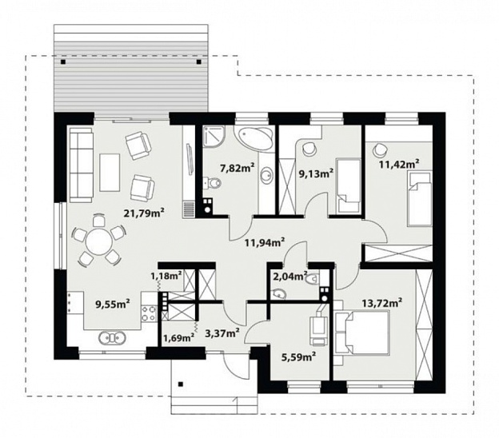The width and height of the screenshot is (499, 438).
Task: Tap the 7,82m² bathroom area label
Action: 238,168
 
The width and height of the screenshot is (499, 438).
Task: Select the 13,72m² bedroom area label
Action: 381,303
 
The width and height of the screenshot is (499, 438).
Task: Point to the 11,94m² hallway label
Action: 265,243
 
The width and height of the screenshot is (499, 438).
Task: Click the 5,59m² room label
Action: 298,357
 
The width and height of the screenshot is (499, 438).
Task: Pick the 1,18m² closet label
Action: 166,276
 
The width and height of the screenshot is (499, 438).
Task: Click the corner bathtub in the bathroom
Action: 253,137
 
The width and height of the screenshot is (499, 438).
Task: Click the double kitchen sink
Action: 112,338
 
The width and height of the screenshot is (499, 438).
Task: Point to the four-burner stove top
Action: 149,313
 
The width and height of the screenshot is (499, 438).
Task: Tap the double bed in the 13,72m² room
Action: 361,332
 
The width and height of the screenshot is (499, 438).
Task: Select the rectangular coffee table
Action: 110,173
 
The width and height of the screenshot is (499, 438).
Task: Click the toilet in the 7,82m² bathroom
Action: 213,182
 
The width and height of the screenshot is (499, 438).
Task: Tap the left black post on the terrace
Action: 64,62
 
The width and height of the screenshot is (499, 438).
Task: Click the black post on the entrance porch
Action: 181,384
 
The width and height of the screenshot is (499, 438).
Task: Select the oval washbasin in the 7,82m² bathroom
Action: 266,175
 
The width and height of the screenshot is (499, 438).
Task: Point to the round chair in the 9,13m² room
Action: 309,149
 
